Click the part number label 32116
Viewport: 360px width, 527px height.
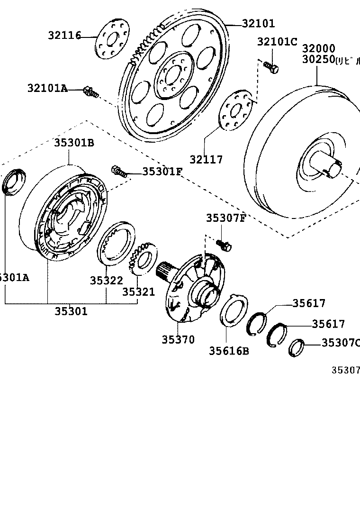pyautogui.click(x=64, y=35)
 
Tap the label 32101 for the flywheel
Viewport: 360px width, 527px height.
pyautogui.click(x=258, y=23)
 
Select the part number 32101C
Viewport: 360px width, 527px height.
pyautogui.click(x=277, y=42)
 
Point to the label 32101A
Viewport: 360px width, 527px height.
pyautogui.click(x=47, y=88)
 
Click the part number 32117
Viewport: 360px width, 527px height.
pyautogui.click(x=207, y=160)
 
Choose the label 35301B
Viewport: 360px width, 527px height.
pyautogui.click(x=73, y=142)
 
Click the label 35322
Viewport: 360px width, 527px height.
pyautogui.click(x=107, y=281)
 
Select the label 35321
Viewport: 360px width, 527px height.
pyautogui.click(x=139, y=292)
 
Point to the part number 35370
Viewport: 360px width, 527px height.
pyautogui.click(x=178, y=339)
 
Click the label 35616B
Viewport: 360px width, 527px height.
pyautogui.click(x=229, y=351)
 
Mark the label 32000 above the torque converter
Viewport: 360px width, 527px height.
pyautogui.click(x=319, y=49)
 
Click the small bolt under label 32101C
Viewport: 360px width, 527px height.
pyautogui.click(x=271, y=68)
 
